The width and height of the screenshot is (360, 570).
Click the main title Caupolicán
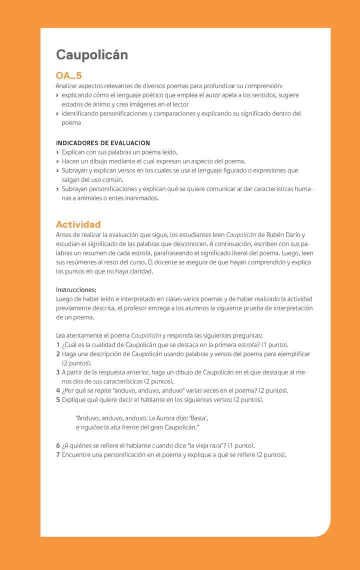[x=92, y=54]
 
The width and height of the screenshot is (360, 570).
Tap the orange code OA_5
[x=69, y=76]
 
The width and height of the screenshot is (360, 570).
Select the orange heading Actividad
[x=78, y=224]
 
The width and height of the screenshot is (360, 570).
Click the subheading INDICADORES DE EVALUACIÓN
[x=103, y=143]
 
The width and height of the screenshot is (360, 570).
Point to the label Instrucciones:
[x=76, y=289]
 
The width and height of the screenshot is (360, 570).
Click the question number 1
[x=58, y=345]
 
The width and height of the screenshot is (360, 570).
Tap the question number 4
[x=58, y=390]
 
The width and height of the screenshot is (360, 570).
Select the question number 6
[x=58, y=445]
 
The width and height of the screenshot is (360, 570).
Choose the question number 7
[x=58, y=454]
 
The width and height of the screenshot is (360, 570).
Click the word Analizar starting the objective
[x=67, y=86]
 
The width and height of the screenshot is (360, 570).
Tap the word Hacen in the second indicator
[x=70, y=161]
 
